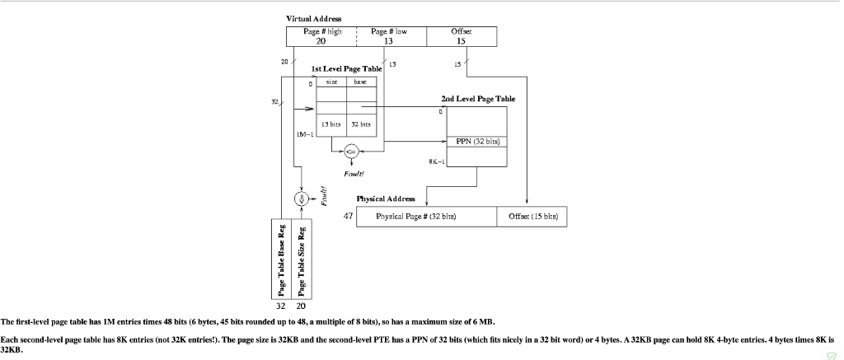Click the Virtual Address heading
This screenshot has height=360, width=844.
[x=313, y=18]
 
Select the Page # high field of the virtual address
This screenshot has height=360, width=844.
[x=321, y=36]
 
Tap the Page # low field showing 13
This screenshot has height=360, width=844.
[x=389, y=36]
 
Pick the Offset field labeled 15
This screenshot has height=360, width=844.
[x=461, y=36]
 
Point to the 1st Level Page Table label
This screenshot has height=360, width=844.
[x=346, y=69]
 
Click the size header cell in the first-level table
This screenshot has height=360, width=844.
[x=331, y=82]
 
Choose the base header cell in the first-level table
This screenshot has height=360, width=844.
[x=360, y=82]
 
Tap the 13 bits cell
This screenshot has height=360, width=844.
[x=331, y=124]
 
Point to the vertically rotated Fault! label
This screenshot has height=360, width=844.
[x=323, y=198]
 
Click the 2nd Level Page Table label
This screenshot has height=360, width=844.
[x=478, y=99]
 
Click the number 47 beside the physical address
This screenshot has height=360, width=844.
[x=349, y=216]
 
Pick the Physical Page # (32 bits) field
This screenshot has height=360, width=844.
[x=426, y=217]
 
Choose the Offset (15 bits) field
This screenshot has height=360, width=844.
[x=532, y=217]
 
